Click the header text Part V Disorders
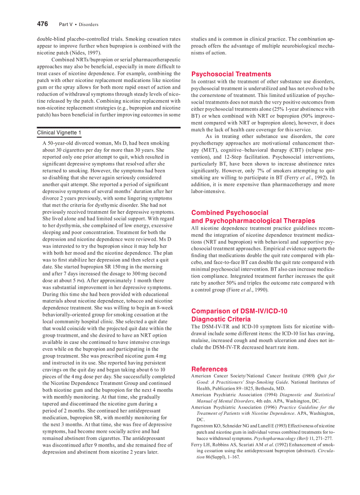coord(79,24)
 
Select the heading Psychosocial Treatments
coord(231,74)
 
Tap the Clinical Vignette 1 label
coord(59,133)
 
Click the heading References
coord(209,369)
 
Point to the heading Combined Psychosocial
coord(229,212)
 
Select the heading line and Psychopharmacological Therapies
coord(253,220)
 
